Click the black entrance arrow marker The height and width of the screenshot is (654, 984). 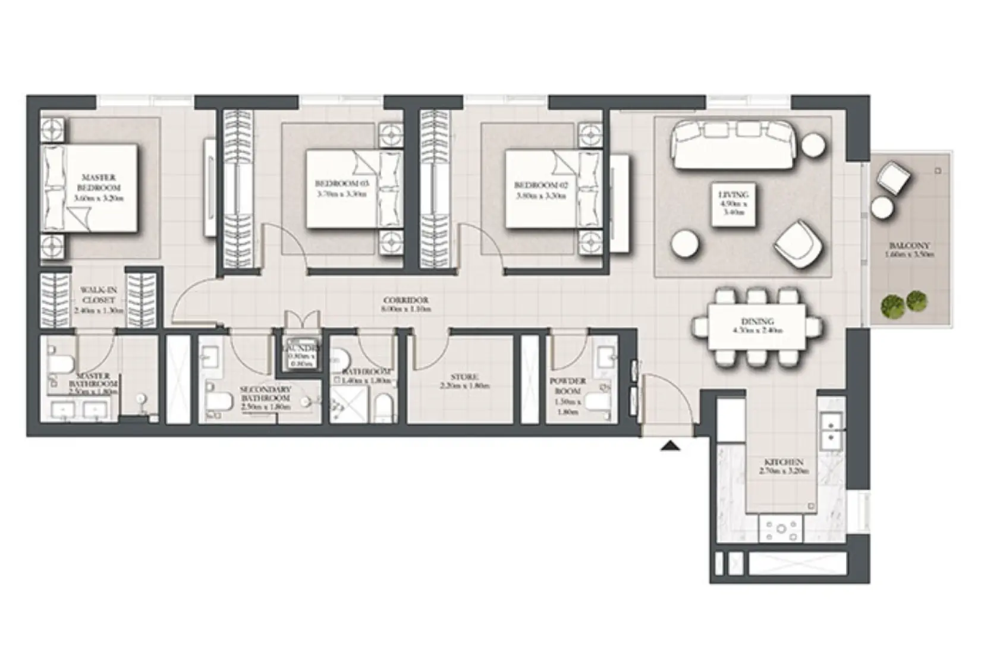coord(670,445)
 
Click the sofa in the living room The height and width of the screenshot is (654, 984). coord(734,146)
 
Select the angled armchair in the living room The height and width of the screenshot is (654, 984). coord(798,244)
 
